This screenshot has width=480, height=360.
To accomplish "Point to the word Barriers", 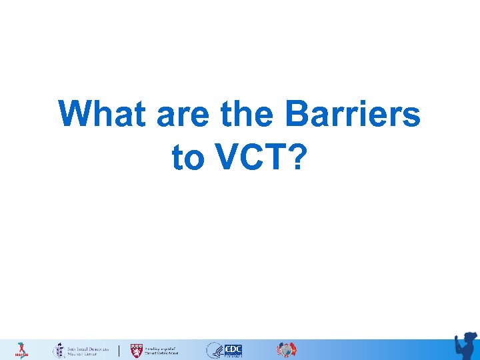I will pos(353,115).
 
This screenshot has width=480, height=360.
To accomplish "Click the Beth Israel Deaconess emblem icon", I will pos(58,350).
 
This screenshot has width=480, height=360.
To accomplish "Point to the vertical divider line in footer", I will pos(119,350).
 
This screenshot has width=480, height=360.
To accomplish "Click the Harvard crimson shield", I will pos(136,350).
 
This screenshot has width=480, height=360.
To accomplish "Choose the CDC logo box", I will pos(233,350).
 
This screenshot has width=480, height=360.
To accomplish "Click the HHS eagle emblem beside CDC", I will pos(215,350).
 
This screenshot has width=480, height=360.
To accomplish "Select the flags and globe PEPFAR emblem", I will pos(287,350).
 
